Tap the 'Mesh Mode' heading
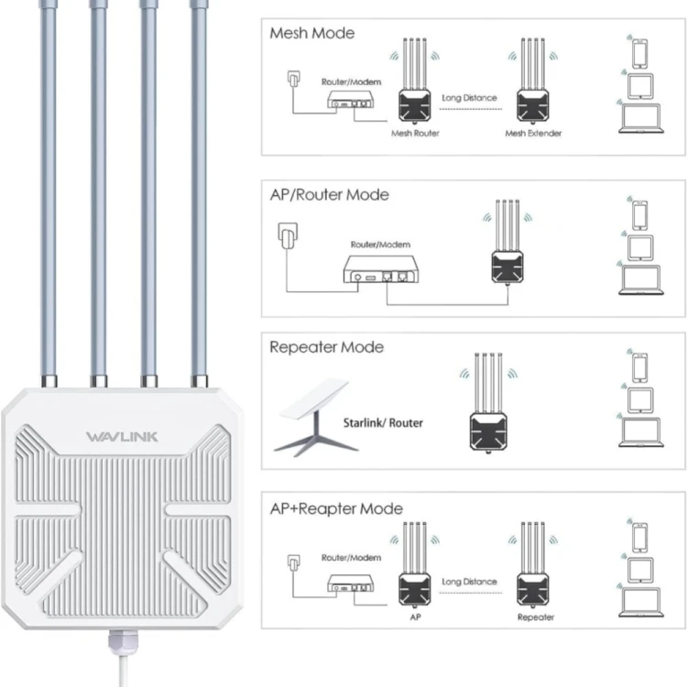(x=311, y=33)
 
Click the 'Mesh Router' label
(x=415, y=134)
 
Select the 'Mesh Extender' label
(x=533, y=134)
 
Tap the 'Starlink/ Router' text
(x=383, y=423)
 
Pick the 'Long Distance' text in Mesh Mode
(x=469, y=97)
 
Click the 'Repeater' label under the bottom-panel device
(x=535, y=617)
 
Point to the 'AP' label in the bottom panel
(x=415, y=617)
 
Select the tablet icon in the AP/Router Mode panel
(x=638, y=246)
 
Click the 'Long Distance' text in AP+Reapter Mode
(x=469, y=582)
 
